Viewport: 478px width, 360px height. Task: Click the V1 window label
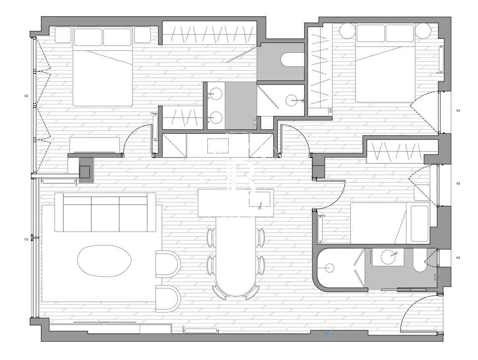click(x=26, y=240)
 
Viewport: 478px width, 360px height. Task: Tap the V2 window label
click(x=26, y=96)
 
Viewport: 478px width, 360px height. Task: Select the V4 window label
click(x=458, y=257)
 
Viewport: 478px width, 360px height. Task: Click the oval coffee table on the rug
click(x=104, y=261)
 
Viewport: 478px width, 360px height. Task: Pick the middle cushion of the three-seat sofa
click(x=105, y=214)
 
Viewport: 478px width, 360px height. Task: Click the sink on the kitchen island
click(x=259, y=199)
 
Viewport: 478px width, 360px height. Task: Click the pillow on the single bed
click(x=420, y=224)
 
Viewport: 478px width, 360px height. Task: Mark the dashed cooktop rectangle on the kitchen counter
click(x=218, y=146)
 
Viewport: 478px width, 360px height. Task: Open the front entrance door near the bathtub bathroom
click(x=421, y=313)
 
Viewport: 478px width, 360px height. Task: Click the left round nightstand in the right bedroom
click(x=348, y=31)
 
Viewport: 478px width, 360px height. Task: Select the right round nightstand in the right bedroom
click(x=423, y=31)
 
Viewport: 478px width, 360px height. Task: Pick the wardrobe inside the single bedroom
click(x=395, y=151)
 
